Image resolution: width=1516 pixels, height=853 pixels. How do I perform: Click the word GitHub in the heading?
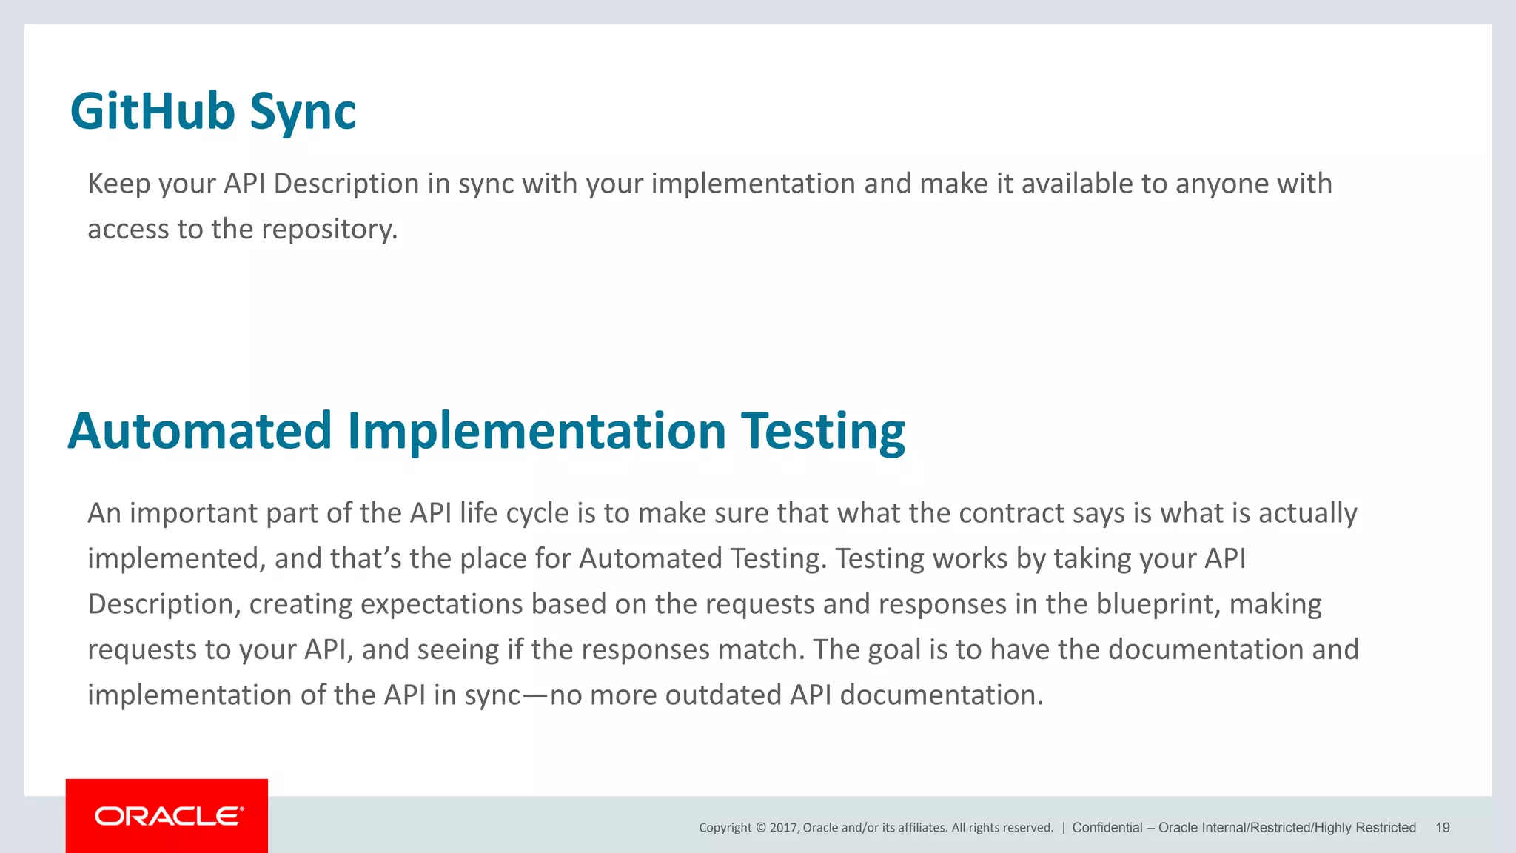pos(152,112)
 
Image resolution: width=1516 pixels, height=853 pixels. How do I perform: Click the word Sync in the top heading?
pos(303,113)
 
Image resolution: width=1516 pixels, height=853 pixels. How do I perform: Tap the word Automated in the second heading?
pos(200,432)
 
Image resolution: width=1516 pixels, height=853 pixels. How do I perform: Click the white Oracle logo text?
pos(169,816)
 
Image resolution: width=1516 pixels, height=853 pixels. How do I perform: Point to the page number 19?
pos(1443,828)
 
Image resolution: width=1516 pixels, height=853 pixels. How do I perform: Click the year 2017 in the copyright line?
pos(784,828)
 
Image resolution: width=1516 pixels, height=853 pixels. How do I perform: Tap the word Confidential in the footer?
pos(1107,828)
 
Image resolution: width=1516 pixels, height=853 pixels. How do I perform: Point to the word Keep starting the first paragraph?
pos(119,184)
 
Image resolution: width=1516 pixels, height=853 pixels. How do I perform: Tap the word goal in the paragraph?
pos(894,650)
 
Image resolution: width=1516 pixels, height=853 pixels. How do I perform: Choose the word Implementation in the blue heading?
pos(537,432)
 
